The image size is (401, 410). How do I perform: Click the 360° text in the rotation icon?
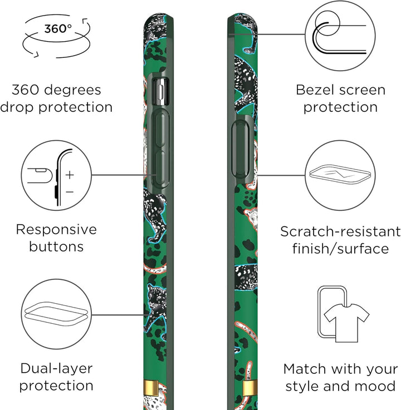[57, 28]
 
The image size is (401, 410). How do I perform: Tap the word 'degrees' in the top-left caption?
[72, 91]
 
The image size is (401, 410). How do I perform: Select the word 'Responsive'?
[56, 230]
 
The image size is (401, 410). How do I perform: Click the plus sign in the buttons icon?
[70, 175]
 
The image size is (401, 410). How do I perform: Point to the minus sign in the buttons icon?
[70, 192]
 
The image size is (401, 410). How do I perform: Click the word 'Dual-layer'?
[57, 369]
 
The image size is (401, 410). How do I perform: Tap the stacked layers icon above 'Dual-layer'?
[56, 314]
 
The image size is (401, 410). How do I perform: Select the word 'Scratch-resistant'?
[340, 231]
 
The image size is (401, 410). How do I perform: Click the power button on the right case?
[241, 149]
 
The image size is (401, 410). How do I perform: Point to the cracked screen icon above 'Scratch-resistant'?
[340, 174]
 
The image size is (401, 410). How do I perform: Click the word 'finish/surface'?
[340, 249]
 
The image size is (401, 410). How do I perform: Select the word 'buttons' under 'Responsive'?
[56, 247]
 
